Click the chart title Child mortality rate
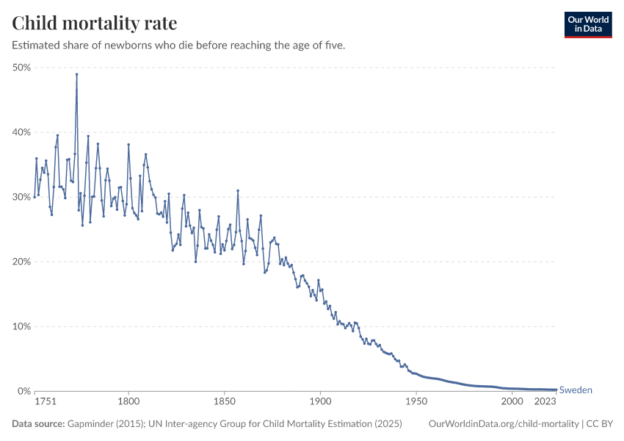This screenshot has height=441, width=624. [x=95, y=24]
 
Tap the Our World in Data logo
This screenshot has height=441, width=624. [x=587, y=24]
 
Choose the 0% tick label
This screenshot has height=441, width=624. [x=23, y=391]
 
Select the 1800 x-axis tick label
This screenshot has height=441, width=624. [x=128, y=402]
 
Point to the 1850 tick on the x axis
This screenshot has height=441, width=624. [x=224, y=402]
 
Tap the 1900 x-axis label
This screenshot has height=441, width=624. [x=320, y=402]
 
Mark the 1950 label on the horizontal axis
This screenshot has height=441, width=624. [x=416, y=402]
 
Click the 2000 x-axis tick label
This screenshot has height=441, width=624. [x=512, y=402]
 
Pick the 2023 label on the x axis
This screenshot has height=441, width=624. [x=545, y=402]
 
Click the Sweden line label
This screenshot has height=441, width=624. [x=576, y=390]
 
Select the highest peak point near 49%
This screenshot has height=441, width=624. [x=76, y=74]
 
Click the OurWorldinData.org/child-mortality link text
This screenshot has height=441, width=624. [x=503, y=424]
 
